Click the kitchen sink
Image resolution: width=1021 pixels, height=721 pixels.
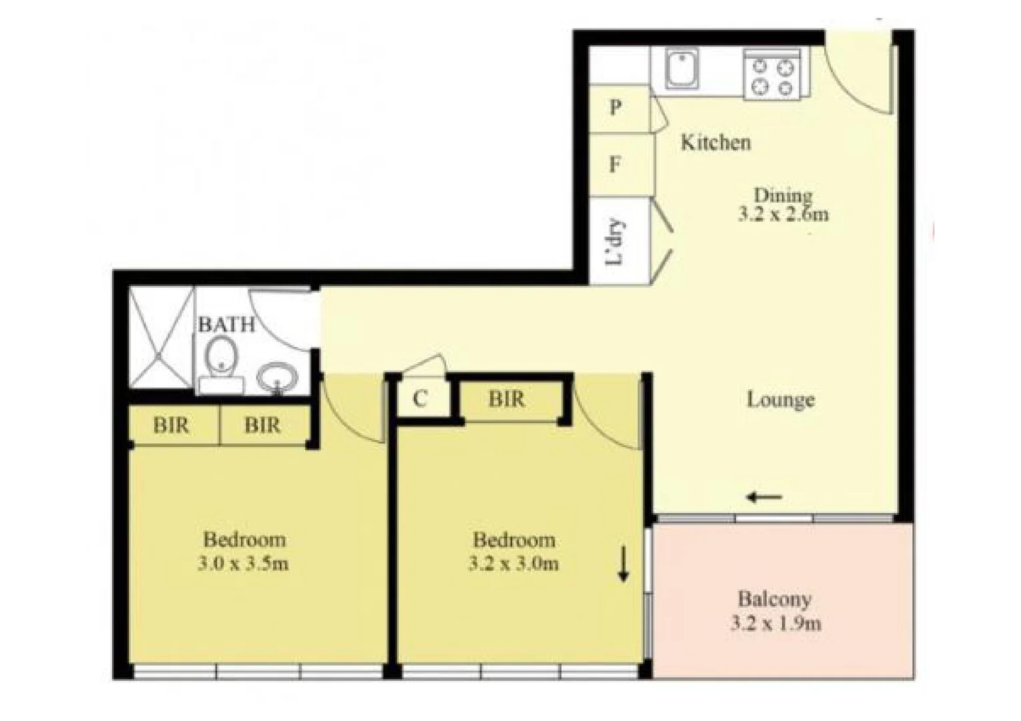coord(682,70)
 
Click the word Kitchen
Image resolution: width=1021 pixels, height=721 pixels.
coord(715,142)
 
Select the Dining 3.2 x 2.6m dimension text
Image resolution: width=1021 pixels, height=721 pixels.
coord(783,214)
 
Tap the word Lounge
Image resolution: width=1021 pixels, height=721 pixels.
coord(780,400)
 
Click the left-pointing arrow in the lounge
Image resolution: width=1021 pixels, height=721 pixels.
coord(765,497)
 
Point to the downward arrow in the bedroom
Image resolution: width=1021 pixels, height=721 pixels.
coord(623,563)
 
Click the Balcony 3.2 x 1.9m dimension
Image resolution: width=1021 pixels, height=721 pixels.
coord(775,624)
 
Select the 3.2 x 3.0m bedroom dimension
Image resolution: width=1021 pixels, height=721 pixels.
coord(514,563)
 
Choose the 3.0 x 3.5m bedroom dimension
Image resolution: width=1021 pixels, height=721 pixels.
coord(244,563)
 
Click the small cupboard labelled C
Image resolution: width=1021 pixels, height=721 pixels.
coord(421,399)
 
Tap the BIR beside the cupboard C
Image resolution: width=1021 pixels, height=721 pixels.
coord(507,399)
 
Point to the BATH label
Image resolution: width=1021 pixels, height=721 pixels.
coord(226,324)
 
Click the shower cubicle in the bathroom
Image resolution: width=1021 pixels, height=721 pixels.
coord(160,337)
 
